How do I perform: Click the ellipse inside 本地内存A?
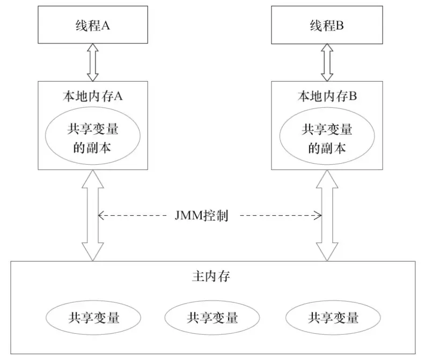[92, 137]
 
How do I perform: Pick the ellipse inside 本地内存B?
[327, 137]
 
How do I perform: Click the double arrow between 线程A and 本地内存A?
[92, 62]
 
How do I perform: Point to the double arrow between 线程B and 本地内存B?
[326, 62]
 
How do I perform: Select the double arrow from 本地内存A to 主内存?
[93, 215]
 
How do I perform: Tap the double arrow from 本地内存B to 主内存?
[326, 215]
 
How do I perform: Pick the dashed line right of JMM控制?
[279, 216]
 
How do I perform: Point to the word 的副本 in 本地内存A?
[92, 148]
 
